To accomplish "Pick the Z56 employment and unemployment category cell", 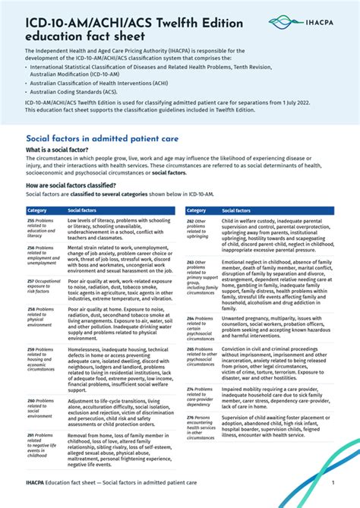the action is [x=43, y=255].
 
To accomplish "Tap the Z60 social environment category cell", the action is [x=43, y=408].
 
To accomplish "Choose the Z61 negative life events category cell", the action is [x=43, y=446].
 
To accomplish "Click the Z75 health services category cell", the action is [x=201, y=427].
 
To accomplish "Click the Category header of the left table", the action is [x=37, y=210].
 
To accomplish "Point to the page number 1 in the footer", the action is [x=333, y=482].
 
